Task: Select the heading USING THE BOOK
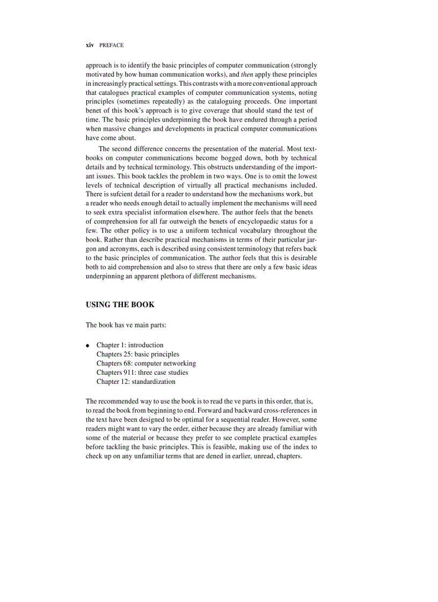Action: (x=120, y=304)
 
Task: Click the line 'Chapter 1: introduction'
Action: (x=130, y=345)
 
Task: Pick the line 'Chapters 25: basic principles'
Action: (x=138, y=354)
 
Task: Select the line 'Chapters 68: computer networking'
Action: (x=146, y=363)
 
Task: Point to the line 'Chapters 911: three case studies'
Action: (x=142, y=373)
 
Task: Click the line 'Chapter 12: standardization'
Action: (x=136, y=382)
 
